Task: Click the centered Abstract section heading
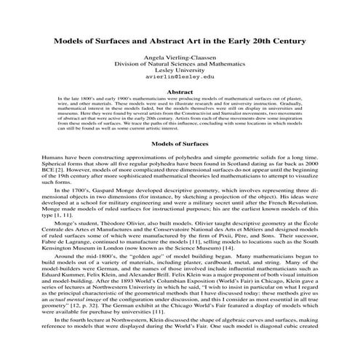pos(180,92)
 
